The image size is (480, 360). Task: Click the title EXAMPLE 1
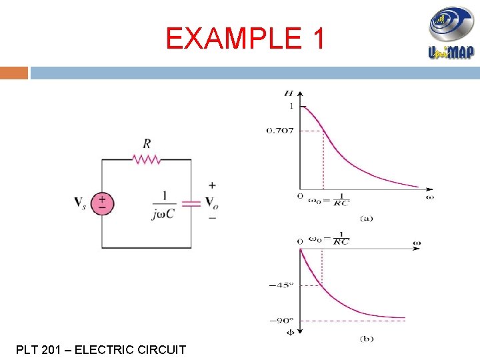pyautogui.click(x=245, y=39)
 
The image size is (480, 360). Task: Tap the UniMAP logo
pyautogui.click(x=451, y=33)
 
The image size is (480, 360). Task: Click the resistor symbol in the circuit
pyautogui.click(x=146, y=159)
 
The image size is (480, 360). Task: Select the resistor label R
pyautogui.click(x=146, y=143)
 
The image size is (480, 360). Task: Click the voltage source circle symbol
pyautogui.click(x=102, y=203)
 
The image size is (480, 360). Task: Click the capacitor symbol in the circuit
pyautogui.click(x=191, y=203)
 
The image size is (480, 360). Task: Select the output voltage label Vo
pyautogui.click(x=212, y=203)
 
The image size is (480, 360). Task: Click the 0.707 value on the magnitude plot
pyautogui.click(x=280, y=130)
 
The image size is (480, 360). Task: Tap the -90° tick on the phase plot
pyautogui.click(x=281, y=320)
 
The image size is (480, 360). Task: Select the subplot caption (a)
pyautogui.click(x=367, y=218)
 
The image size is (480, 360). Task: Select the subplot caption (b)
pyautogui.click(x=367, y=339)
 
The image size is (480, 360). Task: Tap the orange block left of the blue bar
pyautogui.click(x=14, y=72)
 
